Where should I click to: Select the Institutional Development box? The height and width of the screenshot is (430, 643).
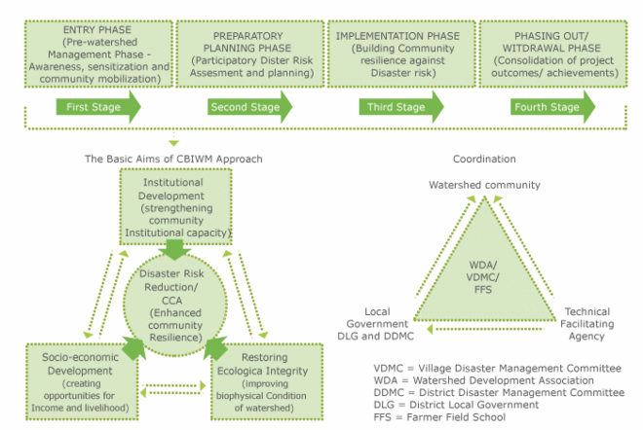click(174, 206)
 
